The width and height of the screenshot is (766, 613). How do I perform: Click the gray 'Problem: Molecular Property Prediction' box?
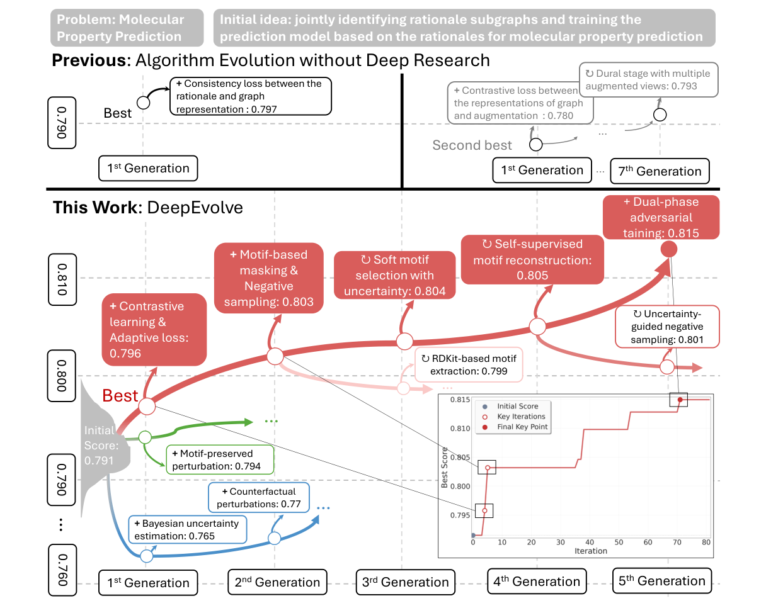click(x=127, y=28)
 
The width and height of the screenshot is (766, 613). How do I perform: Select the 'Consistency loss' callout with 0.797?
click(x=249, y=96)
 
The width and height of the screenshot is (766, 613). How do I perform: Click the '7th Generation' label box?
click(x=660, y=171)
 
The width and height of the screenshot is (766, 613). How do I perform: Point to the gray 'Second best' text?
click(x=472, y=145)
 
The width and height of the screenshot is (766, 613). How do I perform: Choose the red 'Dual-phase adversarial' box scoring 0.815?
click(x=660, y=218)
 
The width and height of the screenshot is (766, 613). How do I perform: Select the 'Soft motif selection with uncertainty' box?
click(x=394, y=276)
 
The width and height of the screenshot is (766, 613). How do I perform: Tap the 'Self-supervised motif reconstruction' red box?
click(x=532, y=259)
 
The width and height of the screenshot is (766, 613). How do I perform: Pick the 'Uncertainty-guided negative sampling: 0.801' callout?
click(x=667, y=327)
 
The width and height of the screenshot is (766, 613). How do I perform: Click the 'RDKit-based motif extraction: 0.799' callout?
click(x=469, y=364)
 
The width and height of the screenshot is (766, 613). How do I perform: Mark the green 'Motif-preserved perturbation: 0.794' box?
click(x=220, y=460)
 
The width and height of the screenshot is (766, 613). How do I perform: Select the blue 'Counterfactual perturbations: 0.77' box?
click(x=260, y=497)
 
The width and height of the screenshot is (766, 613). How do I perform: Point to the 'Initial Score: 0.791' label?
click(x=99, y=446)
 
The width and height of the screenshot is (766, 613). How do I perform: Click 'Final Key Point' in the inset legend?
click(x=522, y=427)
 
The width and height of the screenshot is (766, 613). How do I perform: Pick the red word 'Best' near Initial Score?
click(x=120, y=395)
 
